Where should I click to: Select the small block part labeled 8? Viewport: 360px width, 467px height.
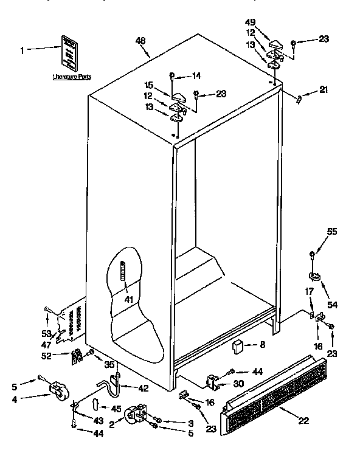[238, 347]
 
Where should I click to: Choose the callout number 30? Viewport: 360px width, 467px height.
[238, 384]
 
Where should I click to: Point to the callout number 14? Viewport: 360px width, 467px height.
[196, 76]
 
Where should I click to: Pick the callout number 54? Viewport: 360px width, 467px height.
[332, 304]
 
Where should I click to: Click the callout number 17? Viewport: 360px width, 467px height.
[308, 292]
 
